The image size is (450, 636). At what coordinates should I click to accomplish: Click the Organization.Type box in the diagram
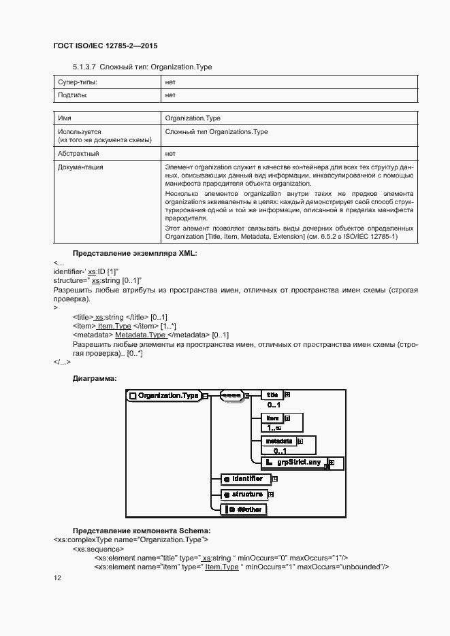(x=164, y=395)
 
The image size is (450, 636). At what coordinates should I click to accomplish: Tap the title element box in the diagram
(x=272, y=395)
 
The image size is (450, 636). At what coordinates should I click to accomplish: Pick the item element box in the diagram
(x=272, y=418)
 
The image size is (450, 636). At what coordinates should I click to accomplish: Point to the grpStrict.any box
(x=297, y=463)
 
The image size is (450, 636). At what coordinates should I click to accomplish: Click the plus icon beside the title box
(x=287, y=395)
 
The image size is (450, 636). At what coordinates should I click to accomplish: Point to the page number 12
(x=57, y=578)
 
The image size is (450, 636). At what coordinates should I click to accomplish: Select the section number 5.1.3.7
(x=86, y=67)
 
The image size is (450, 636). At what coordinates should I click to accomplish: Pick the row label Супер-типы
(x=77, y=82)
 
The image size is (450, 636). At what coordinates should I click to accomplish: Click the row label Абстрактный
(x=78, y=154)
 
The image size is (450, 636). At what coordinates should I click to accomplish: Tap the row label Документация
(x=80, y=167)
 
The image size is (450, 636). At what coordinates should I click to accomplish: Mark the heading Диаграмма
(x=95, y=378)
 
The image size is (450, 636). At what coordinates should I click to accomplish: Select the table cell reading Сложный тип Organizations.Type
(x=216, y=131)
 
